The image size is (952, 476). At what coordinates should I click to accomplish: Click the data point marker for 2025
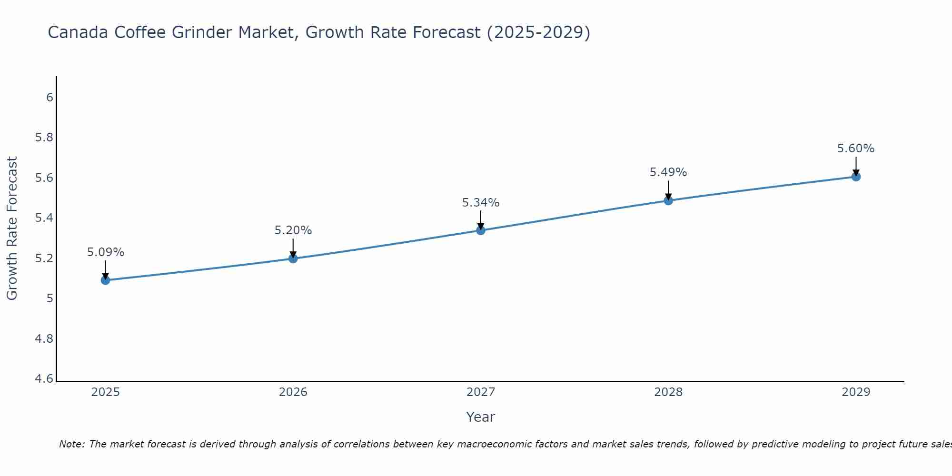point(105,280)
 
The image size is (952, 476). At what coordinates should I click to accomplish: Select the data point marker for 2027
point(481,230)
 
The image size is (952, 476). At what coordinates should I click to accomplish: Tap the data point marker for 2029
point(856,177)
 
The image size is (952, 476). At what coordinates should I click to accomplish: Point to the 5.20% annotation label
point(293,230)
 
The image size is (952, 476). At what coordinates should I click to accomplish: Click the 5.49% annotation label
point(668,172)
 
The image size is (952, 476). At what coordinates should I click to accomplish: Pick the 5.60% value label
point(856,149)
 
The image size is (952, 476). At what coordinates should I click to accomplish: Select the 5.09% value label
point(105,252)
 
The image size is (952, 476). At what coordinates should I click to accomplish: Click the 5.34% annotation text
point(481,203)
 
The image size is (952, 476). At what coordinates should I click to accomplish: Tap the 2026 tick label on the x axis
point(293,392)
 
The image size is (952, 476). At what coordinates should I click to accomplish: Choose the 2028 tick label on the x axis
point(668,392)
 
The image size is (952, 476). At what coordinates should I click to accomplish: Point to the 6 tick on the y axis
point(50,98)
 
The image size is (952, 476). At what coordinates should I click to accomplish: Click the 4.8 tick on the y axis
point(44,339)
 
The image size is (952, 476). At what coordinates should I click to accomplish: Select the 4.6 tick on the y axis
point(44,379)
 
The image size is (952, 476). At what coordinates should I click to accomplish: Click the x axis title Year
point(481,417)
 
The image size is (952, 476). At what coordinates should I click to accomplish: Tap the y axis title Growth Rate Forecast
point(12,228)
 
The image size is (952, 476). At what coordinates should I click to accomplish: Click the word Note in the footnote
point(71,444)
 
